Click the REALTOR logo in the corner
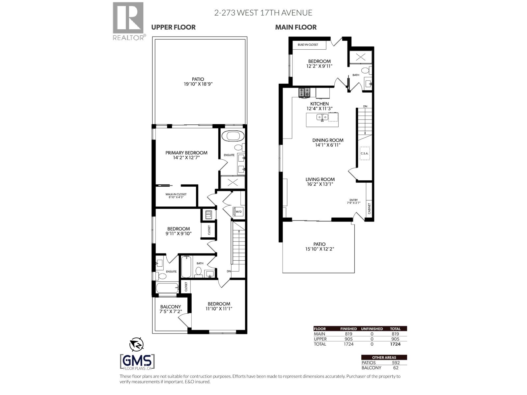pos(128,20)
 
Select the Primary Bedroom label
pos(186,155)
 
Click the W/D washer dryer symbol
pos(238,211)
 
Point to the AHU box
pos(208,214)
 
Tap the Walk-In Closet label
pos(176,196)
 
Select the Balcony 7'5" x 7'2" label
pos(171,309)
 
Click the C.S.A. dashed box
pos(364,153)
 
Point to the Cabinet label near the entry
pos(369,208)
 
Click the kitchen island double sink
pos(322,117)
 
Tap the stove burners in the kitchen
pos(304,93)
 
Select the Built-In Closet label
pos(308,44)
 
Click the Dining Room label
pos(328,142)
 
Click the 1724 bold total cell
pos(395,344)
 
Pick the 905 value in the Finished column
pos(348,339)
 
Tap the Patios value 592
pos(395,363)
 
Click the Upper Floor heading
pos(173,27)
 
